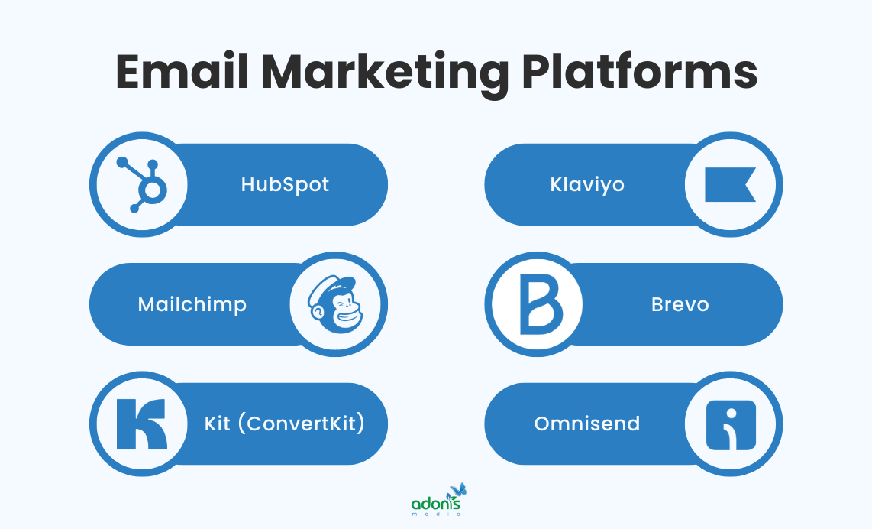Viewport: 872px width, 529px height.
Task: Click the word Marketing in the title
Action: tap(385, 72)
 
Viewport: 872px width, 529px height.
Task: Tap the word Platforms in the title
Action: tap(640, 72)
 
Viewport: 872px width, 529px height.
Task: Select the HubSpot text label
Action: tap(285, 184)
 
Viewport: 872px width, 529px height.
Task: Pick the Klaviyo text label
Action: tap(587, 184)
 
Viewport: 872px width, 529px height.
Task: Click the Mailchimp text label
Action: tap(192, 304)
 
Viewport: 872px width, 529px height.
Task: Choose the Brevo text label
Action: tap(680, 304)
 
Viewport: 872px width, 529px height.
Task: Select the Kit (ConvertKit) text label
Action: tap(284, 424)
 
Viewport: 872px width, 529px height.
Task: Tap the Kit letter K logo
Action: tap(140, 424)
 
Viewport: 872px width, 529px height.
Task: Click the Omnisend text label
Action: tap(587, 424)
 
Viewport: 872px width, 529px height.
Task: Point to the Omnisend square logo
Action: tap(731, 424)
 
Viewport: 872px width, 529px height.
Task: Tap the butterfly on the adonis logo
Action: tap(458, 490)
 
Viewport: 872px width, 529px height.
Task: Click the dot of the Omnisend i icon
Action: tap(732, 413)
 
